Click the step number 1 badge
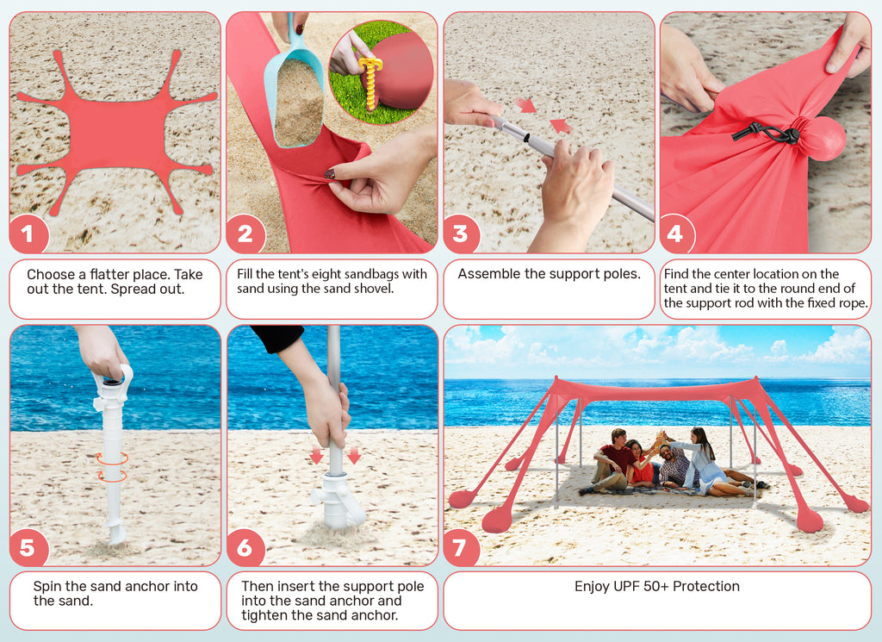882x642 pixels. point(27,234)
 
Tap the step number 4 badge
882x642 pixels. point(675,234)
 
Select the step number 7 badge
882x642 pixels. point(460,547)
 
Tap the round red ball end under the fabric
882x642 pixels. point(823,139)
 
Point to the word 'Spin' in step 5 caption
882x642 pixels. point(47,586)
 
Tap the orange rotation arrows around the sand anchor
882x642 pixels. point(113,467)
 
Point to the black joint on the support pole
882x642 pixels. point(526,137)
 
